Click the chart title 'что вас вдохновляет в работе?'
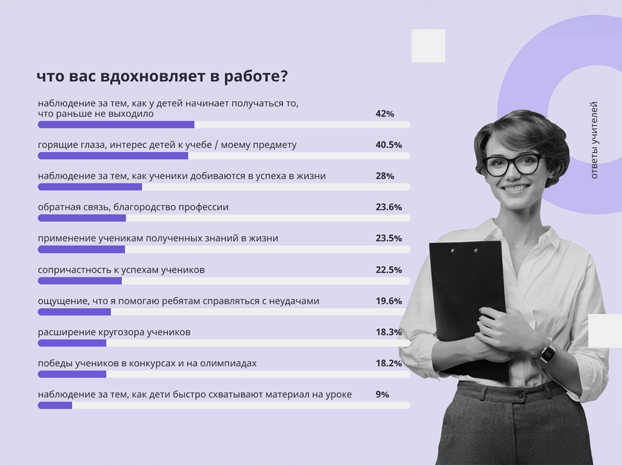[x=162, y=76]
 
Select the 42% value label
[x=385, y=114]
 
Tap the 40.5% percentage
[x=389, y=145]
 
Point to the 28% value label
[x=385, y=176]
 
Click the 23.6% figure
[x=389, y=207]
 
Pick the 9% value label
[x=382, y=394]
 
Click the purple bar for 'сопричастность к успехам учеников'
[x=80, y=281]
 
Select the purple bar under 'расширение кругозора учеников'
[x=72, y=343]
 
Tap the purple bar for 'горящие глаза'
[x=113, y=156]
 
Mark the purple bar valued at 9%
[x=55, y=405]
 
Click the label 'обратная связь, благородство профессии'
[x=133, y=207]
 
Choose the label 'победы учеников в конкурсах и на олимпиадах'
[x=147, y=363]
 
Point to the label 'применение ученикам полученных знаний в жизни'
[x=158, y=238]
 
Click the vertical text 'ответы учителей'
[x=594, y=140]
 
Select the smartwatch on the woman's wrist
[x=548, y=354]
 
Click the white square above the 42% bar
[x=428, y=46]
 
